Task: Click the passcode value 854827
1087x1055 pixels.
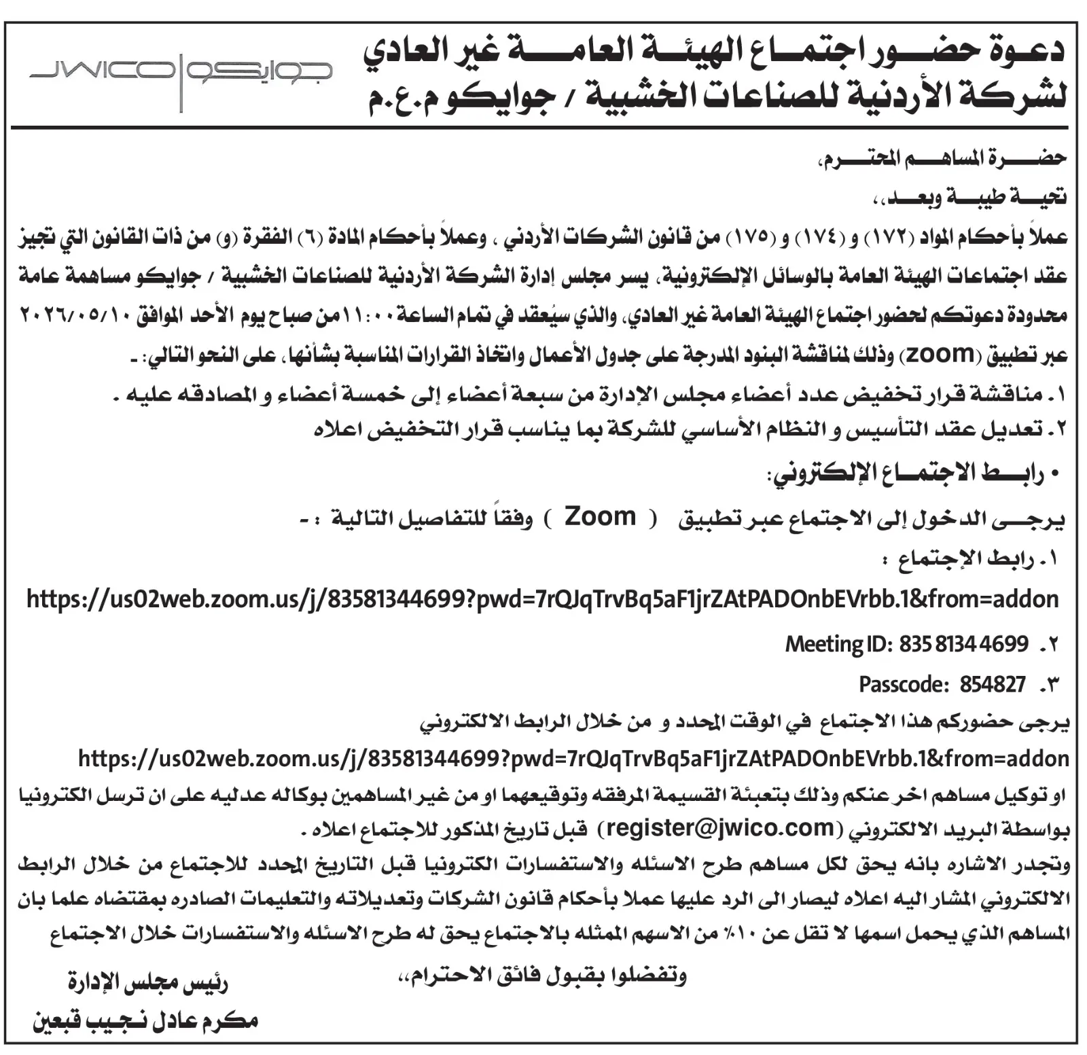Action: click(993, 684)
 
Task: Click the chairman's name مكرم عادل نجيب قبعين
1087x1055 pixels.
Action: click(145, 1020)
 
